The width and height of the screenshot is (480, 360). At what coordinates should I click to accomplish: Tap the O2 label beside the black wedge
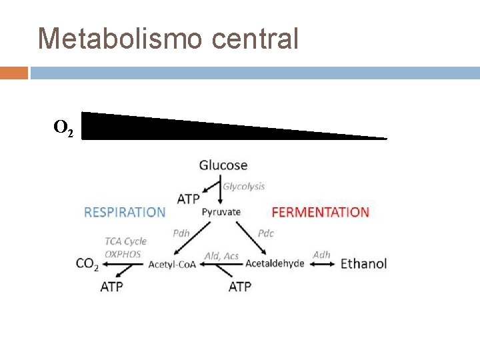63,127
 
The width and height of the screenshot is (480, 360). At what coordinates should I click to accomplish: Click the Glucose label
223,165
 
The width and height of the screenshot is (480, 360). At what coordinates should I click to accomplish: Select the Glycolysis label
243,187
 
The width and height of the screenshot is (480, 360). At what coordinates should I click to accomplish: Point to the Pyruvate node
221,212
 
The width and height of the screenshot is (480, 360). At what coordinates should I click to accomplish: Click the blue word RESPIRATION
125,212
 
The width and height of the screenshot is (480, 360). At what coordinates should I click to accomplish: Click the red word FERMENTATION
320,212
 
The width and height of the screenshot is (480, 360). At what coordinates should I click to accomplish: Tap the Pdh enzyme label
181,233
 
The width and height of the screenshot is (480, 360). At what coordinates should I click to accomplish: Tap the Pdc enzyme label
265,233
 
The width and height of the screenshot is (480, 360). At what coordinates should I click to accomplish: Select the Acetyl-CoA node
172,265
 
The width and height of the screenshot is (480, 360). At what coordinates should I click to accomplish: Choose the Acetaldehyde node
275,263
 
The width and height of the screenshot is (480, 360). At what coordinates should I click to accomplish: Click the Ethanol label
363,263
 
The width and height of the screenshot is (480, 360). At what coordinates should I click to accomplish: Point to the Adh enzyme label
321,254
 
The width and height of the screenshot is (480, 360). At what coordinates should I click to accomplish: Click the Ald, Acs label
221,256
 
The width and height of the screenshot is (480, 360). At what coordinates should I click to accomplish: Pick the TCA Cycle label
125,241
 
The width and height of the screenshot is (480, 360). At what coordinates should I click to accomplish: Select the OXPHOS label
123,254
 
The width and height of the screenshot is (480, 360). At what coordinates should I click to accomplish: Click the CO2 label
87,264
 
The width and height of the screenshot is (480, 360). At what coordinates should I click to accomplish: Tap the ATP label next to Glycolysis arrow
188,199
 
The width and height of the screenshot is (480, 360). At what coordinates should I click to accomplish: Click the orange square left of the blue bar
13,72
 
